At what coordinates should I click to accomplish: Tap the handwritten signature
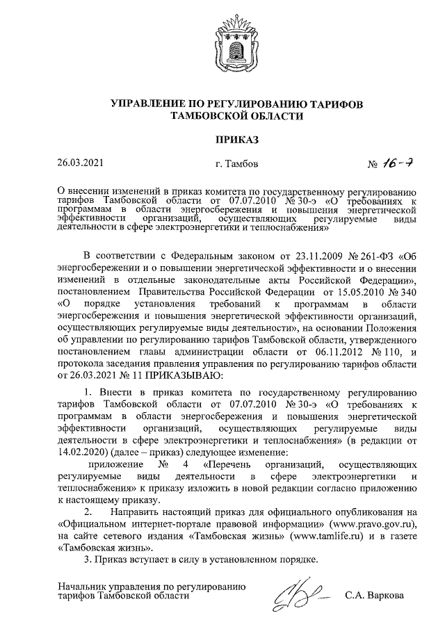pyautogui.click(x=300, y=595)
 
